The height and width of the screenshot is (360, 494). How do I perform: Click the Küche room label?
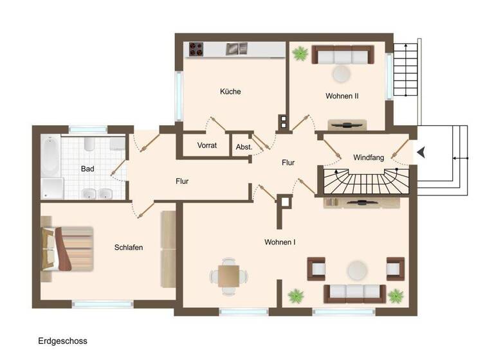230,92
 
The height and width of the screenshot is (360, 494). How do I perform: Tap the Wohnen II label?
342,96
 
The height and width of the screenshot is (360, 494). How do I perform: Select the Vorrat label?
207,145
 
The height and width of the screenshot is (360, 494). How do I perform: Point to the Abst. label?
244,147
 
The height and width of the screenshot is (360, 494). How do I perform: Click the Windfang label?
369,157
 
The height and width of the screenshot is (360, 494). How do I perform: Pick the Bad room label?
87,169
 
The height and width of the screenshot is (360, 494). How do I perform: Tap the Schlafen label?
129,248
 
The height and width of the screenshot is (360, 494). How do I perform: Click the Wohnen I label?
280,242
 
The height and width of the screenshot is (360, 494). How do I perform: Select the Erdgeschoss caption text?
62,341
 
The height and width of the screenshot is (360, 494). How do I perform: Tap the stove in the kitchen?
196,49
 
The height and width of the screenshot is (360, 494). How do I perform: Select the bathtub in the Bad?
51,157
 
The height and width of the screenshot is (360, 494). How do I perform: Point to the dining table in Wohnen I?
228,276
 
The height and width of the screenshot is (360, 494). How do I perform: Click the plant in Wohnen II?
300,53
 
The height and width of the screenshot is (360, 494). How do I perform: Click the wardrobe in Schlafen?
169,249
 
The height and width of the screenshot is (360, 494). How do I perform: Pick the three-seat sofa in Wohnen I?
355,293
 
